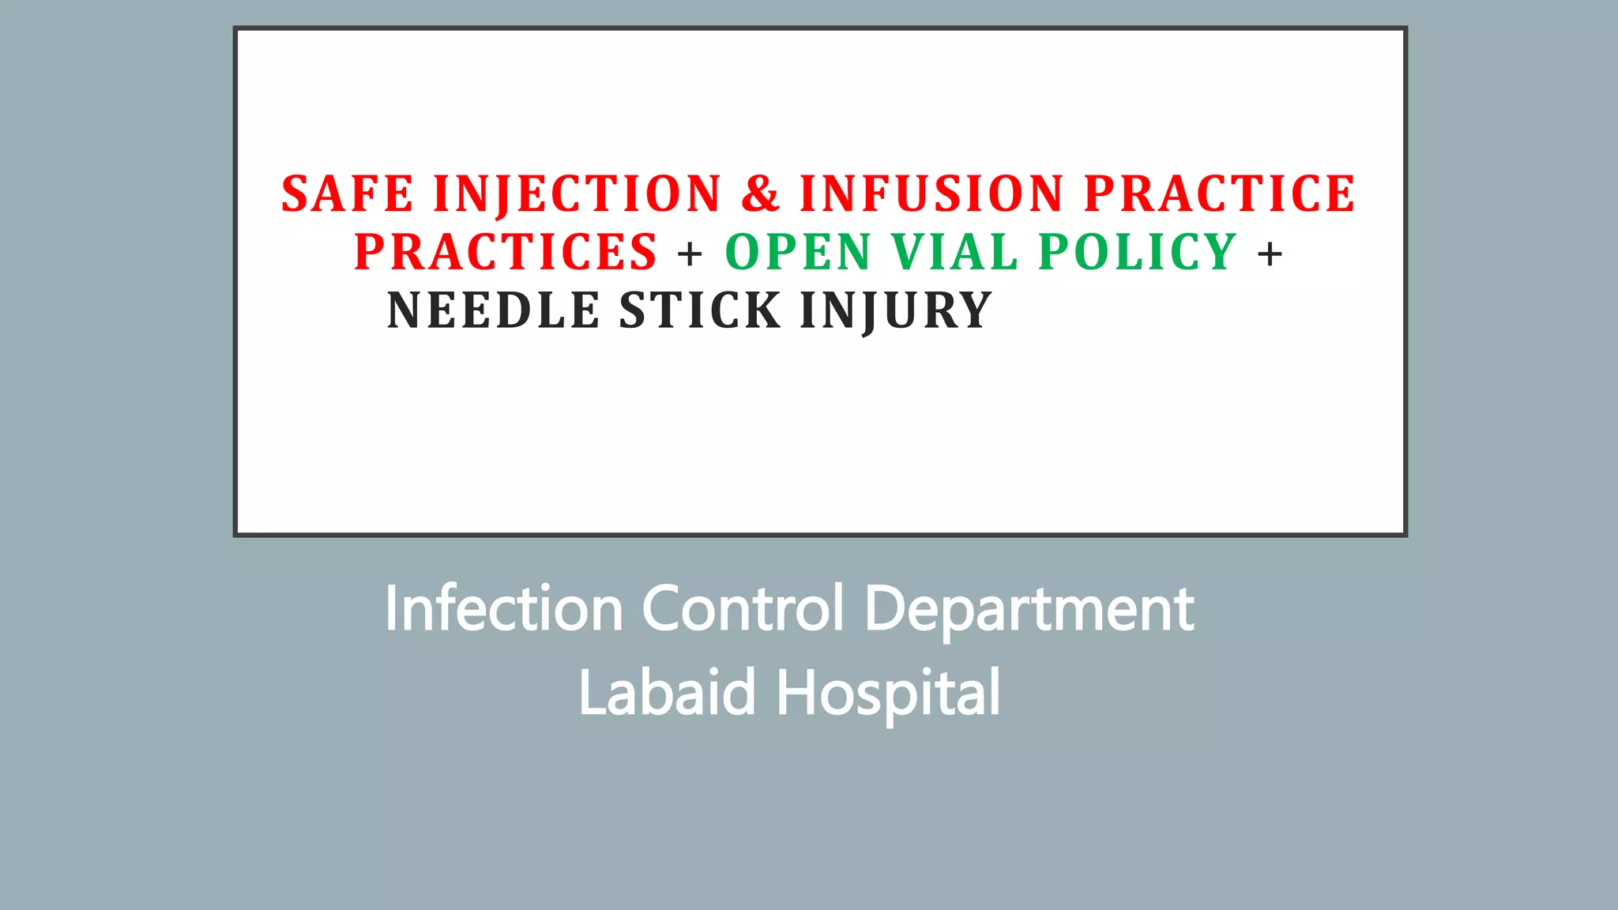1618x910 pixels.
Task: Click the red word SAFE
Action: [347, 194]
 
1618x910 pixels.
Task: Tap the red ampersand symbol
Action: [761, 194]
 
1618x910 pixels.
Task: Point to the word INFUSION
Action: [931, 194]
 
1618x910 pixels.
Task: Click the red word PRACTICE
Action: [1220, 194]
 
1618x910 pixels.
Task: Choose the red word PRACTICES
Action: [506, 252]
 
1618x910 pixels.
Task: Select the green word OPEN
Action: [798, 252]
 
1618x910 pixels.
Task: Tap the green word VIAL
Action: [954, 252]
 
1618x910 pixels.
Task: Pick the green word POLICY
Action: [1138, 252]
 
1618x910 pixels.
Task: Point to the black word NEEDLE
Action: [493, 310]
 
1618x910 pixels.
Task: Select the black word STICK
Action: [700, 310]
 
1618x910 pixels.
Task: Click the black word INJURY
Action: [896, 310]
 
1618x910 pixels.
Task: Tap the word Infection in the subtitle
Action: [503, 609]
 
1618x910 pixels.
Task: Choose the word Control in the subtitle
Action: [743, 609]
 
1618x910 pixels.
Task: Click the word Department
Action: [1029, 611]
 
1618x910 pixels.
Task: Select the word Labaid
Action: [668, 693]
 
